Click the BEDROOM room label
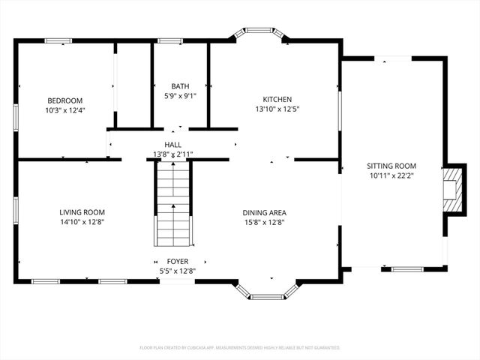(x=65, y=100)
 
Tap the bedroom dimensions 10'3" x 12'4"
(x=65, y=110)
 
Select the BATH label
(x=180, y=86)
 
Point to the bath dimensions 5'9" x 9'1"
(x=180, y=96)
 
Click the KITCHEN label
(x=277, y=99)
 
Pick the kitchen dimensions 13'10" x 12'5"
(x=277, y=109)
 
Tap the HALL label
(x=173, y=145)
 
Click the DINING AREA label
(x=264, y=212)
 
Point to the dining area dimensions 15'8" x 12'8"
(x=264, y=222)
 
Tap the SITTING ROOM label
(x=391, y=166)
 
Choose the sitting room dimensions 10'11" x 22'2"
(x=391, y=175)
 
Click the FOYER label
(x=177, y=262)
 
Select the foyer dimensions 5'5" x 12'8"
(x=177, y=271)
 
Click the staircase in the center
(x=173, y=204)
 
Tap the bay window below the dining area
(x=266, y=293)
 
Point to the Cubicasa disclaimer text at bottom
(x=240, y=348)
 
